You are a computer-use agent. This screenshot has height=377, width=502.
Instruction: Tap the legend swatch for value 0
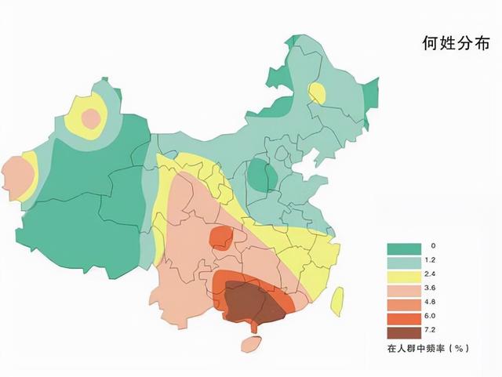[402, 248]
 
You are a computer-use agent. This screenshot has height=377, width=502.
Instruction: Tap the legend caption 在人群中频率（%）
[427, 347]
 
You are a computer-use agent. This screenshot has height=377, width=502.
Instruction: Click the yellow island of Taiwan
[338, 302]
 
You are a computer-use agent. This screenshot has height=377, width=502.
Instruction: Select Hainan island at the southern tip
[251, 344]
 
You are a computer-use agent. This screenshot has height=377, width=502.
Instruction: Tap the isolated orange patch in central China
[222, 236]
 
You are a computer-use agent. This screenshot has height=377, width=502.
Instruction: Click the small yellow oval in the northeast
[317, 93]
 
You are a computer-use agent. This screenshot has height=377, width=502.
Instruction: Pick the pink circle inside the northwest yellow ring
[92, 118]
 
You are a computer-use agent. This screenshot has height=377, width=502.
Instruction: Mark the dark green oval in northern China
[258, 176]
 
